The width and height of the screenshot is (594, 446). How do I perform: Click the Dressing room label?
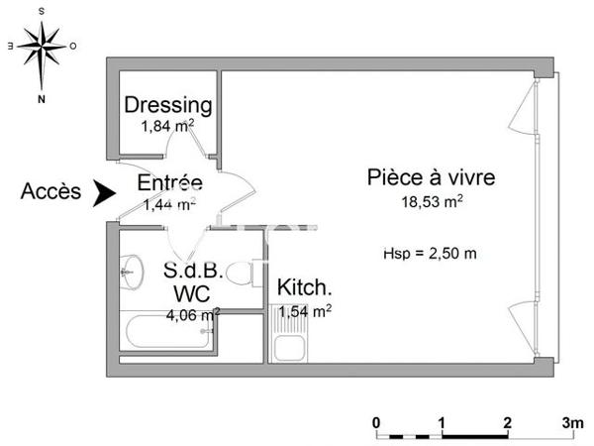click(x=168, y=104)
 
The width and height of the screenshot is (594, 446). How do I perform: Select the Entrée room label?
click(x=169, y=183)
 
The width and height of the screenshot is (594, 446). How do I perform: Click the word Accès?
click(x=50, y=192)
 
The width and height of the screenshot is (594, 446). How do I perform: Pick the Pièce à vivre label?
click(x=431, y=178)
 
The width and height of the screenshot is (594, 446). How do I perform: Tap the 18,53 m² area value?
click(x=431, y=201)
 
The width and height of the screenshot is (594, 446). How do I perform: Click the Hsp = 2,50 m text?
click(x=430, y=253)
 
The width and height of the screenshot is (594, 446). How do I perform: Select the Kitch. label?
click(x=304, y=288)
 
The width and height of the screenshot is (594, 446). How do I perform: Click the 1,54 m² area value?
click(x=305, y=311)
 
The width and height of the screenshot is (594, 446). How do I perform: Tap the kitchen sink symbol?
click(x=289, y=347)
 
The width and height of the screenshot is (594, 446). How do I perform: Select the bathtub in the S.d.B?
click(x=165, y=336)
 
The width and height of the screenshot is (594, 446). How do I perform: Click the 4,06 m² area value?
click(x=191, y=315)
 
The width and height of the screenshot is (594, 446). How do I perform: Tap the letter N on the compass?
click(x=42, y=99)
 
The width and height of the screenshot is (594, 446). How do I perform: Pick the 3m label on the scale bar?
click(x=571, y=422)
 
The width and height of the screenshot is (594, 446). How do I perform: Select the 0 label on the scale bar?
click(x=376, y=422)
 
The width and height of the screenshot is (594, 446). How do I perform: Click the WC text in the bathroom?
click(x=190, y=293)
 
